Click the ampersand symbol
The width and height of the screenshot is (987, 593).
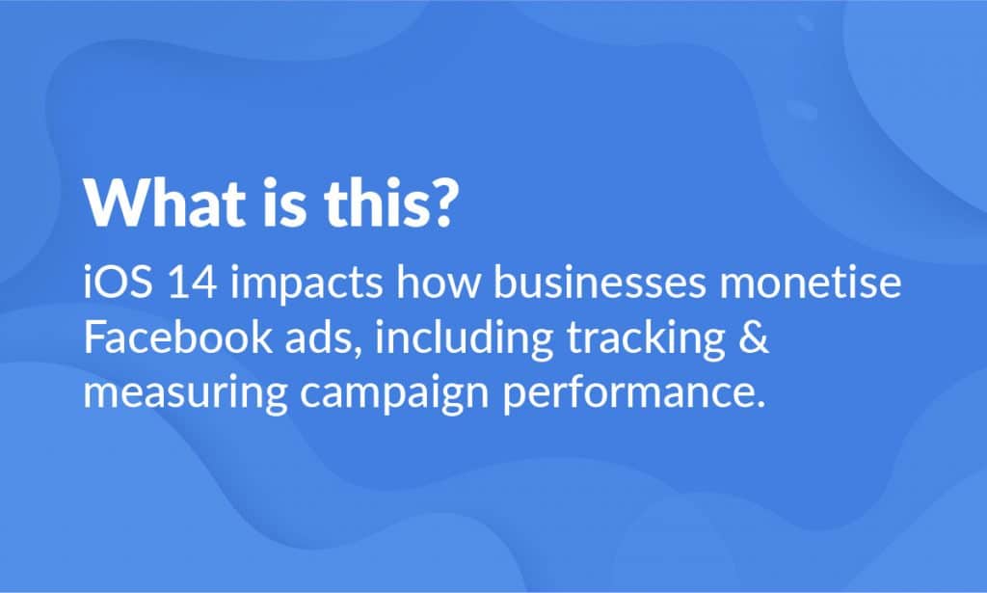point(754,340)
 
